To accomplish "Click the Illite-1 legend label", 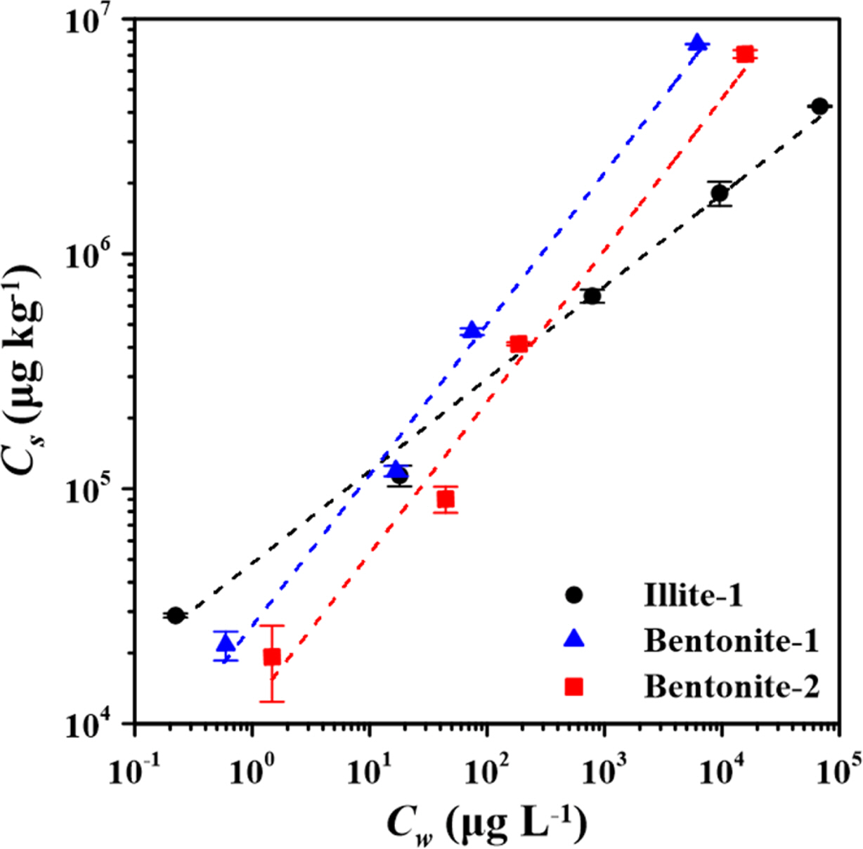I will click(x=693, y=596).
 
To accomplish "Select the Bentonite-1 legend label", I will click(x=731, y=641).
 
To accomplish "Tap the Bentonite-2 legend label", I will click(x=731, y=687).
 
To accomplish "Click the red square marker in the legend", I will click(x=575, y=687).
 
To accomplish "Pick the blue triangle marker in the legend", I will click(x=575, y=640).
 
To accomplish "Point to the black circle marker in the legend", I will click(x=575, y=595).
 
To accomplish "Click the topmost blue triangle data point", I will click(x=697, y=44).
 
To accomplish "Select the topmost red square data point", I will click(x=745, y=54).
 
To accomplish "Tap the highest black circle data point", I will click(x=819, y=106).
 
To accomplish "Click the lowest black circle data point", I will click(x=176, y=615).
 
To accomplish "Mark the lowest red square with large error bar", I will click(x=272, y=657).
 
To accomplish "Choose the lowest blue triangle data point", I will click(x=226, y=642).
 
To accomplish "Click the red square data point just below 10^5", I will click(x=446, y=499).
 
